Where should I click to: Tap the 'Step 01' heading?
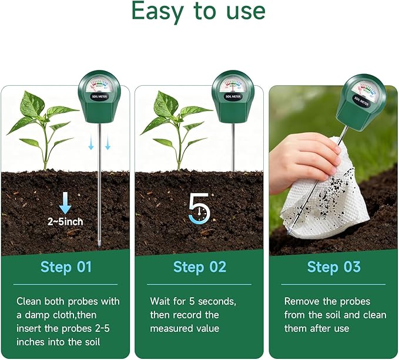click(x=66, y=267)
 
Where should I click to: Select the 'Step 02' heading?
click(x=200, y=267)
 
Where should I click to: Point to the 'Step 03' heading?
click(x=334, y=267)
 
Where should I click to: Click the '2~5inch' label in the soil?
click(x=65, y=222)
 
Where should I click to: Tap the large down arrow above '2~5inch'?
click(x=65, y=202)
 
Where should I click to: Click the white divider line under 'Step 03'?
click(x=333, y=285)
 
